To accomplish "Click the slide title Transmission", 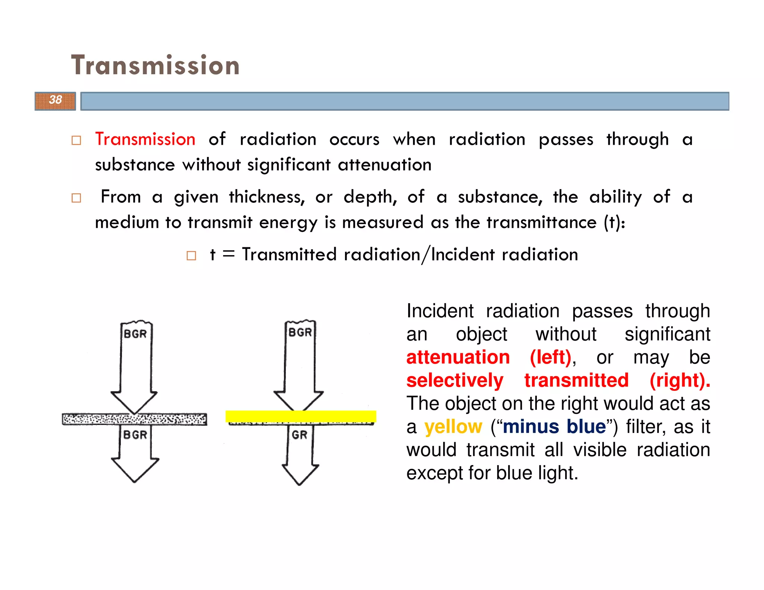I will pyautogui.click(x=155, y=66).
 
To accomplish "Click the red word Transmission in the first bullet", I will pyautogui.click(x=145, y=139).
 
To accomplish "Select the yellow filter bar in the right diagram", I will pyautogui.click(x=301, y=416).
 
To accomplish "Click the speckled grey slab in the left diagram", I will pyautogui.click(x=134, y=419).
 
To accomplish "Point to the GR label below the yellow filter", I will pyautogui.click(x=300, y=435).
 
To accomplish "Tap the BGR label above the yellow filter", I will pyautogui.click(x=300, y=332).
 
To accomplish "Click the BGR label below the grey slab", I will pyautogui.click(x=135, y=435).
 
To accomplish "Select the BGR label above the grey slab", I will pyautogui.click(x=135, y=334).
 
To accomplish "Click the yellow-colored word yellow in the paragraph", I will pyautogui.click(x=453, y=427).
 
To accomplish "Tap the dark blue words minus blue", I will pyautogui.click(x=554, y=427).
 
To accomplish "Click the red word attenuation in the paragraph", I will pyautogui.click(x=458, y=357).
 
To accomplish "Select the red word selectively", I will pyautogui.click(x=455, y=380).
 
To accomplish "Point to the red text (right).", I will pyautogui.click(x=679, y=380).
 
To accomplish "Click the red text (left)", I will pyautogui.click(x=551, y=357).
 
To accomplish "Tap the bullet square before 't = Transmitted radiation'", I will pyautogui.click(x=191, y=256).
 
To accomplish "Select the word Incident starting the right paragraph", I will pyautogui.click(x=440, y=311).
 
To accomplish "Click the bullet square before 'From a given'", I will pyautogui.click(x=76, y=198).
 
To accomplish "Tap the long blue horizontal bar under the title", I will pyautogui.click(x=405, y=101).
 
